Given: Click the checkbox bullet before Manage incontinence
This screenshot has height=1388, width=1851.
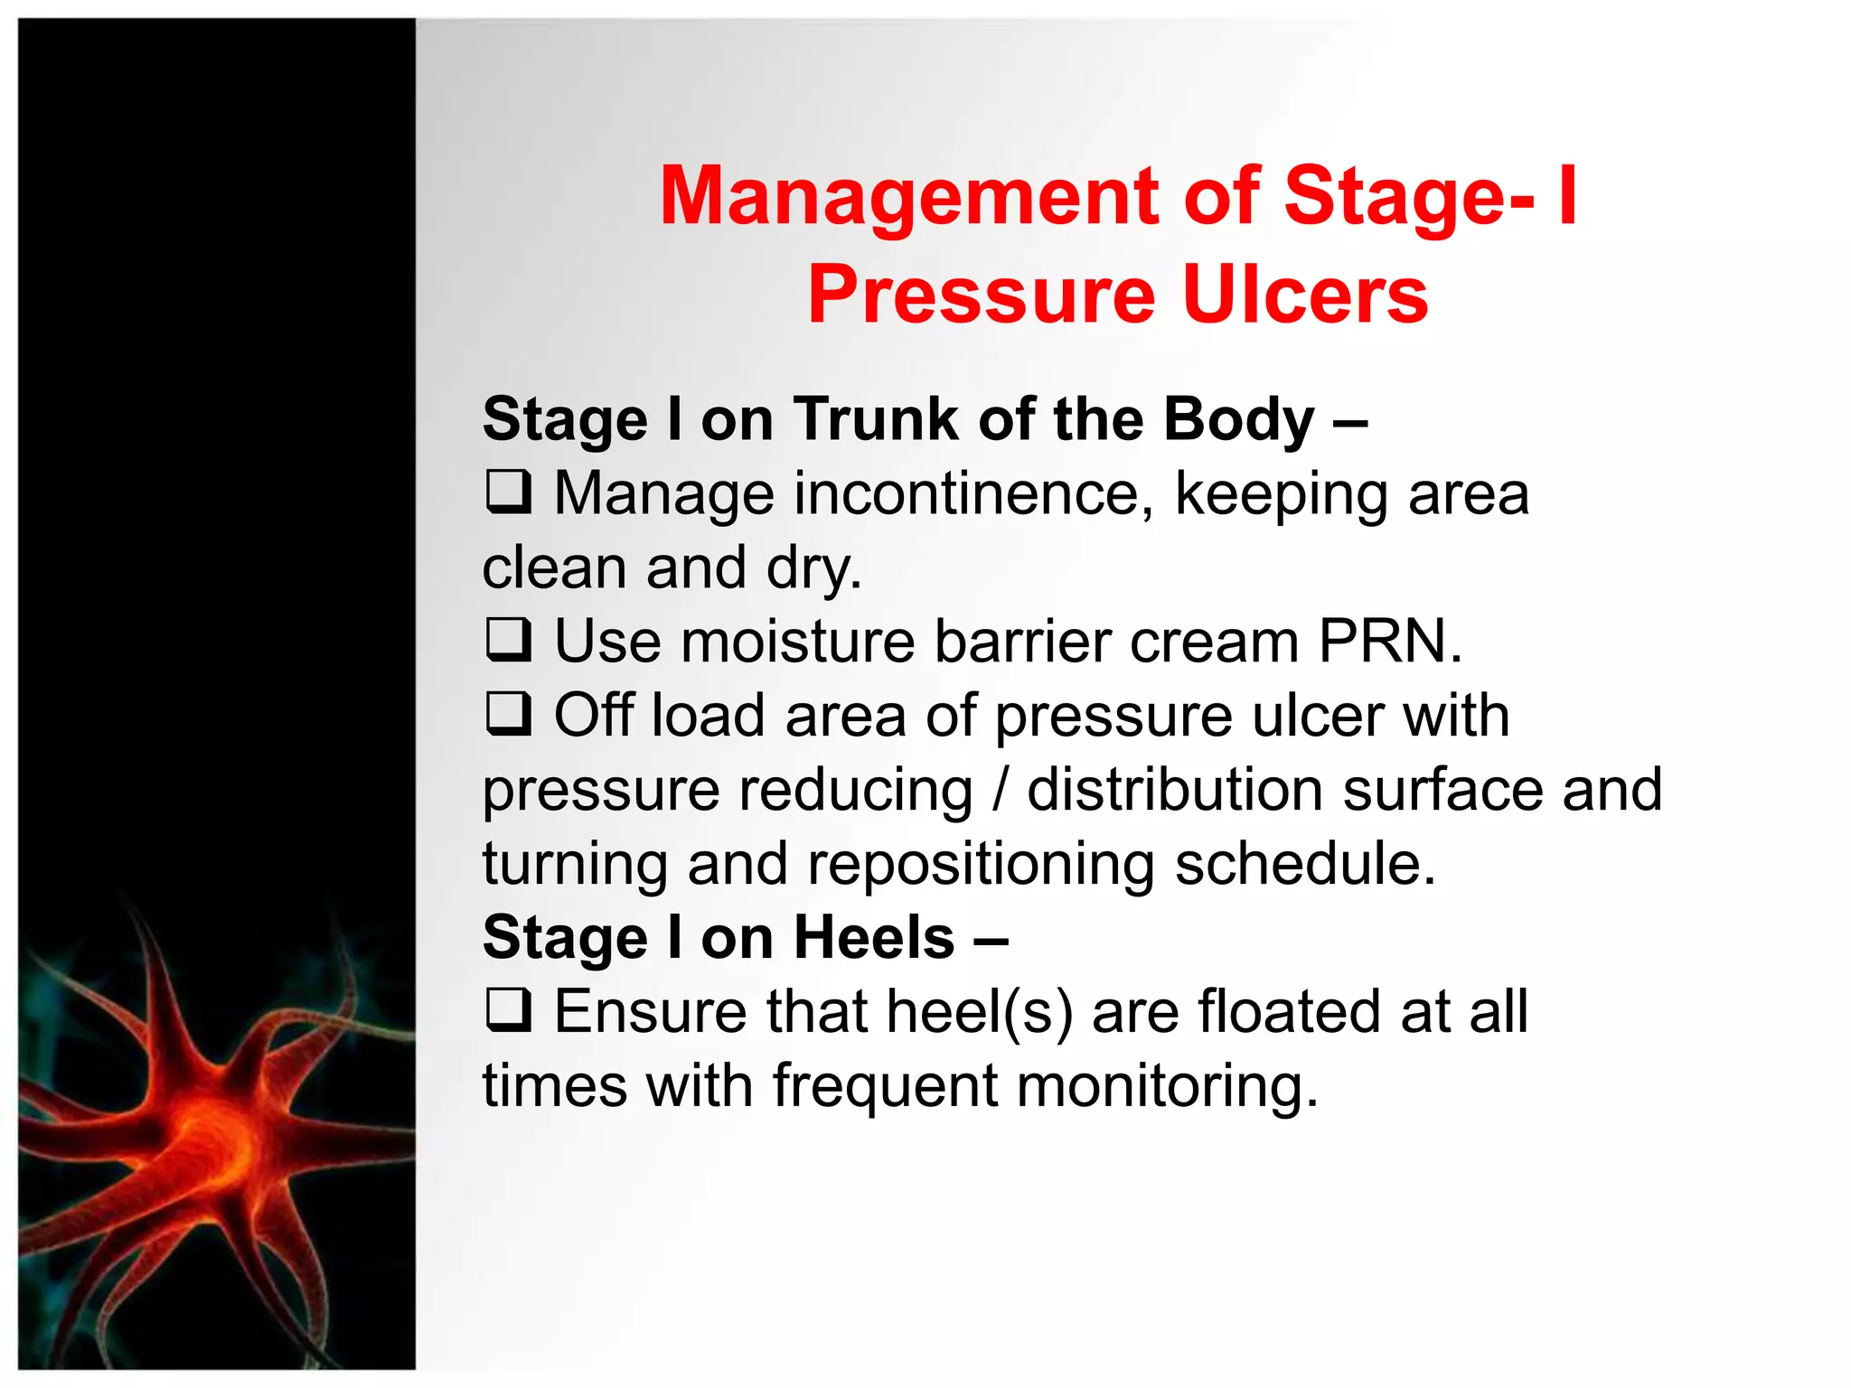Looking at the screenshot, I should click(508, 492).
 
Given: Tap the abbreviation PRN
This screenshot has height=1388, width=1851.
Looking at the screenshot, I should click(1388, 641).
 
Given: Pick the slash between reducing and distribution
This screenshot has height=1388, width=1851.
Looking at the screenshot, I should click(1000, 790).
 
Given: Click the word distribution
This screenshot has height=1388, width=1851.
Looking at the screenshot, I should click(1175, 790).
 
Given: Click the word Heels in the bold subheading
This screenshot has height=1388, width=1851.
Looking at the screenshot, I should click(873, 937).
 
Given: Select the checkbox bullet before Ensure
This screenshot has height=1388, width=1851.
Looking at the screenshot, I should click(508, 1009).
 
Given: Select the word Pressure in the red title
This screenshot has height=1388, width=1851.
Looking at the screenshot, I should click(982, 295).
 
